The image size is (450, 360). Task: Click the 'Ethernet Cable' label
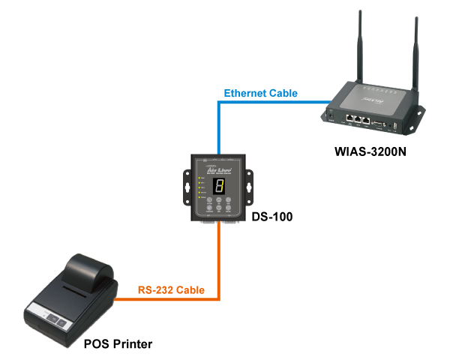260,93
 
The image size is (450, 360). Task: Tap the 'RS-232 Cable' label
172,289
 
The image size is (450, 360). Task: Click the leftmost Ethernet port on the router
349,118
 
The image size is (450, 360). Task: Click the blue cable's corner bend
219,102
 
